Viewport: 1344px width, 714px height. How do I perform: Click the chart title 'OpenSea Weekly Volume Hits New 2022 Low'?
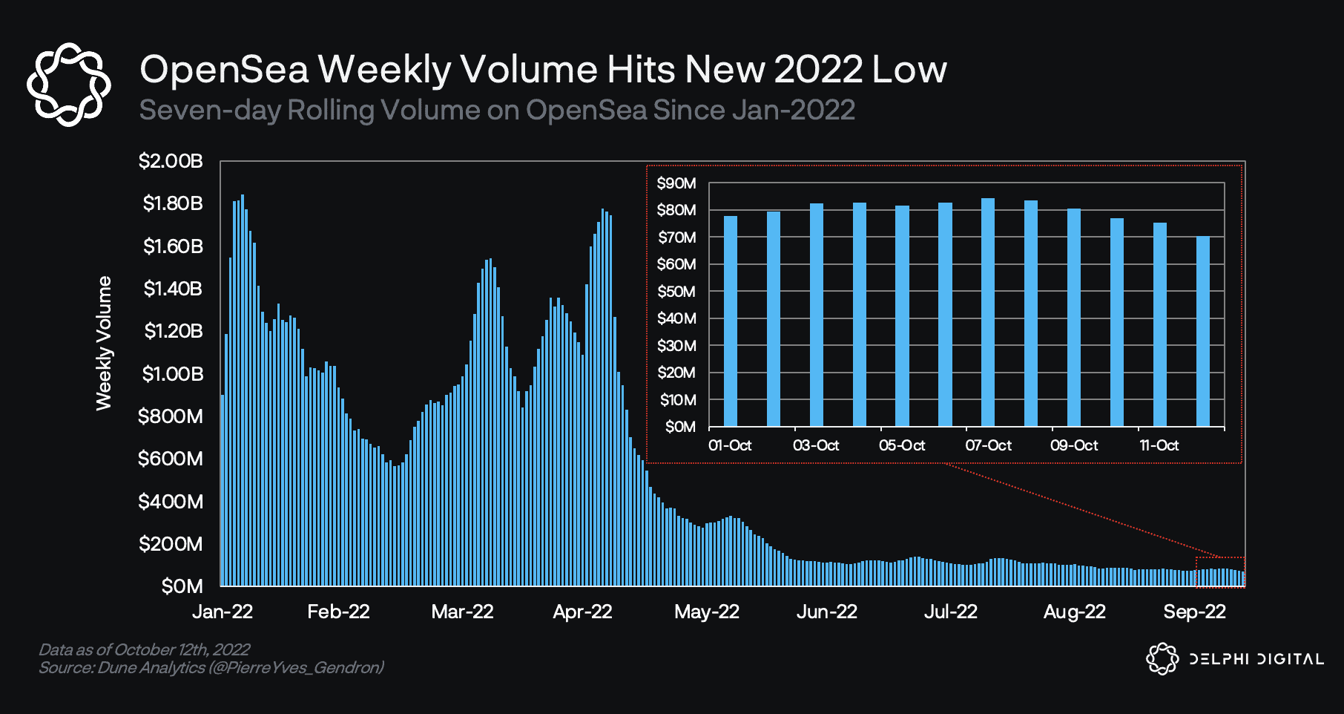click(543, 69)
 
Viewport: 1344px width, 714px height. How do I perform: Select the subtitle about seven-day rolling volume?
click(497, 110)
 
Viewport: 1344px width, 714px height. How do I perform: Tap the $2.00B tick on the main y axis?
click(171, 161)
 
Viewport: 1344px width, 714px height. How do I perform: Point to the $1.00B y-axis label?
click(172, 373)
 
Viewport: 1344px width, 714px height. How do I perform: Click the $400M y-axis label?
click(171, 502)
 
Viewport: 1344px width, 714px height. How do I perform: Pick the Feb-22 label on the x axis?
click(338, 612)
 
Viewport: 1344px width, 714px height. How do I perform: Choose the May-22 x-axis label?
click(706, 612)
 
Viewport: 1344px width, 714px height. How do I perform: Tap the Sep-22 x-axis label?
click(1194, 612)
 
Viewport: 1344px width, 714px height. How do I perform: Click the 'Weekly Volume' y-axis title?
click(104, 343)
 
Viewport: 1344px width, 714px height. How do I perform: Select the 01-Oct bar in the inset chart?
click(731, 321)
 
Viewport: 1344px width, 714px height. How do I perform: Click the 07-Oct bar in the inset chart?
click(988, 312)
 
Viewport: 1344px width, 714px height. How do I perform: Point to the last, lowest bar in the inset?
click(1203, 331)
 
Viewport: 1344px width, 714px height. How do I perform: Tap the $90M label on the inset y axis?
click(676, 183)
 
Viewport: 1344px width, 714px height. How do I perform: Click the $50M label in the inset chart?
click(676, 292)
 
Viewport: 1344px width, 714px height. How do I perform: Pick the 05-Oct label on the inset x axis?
click(902, 445)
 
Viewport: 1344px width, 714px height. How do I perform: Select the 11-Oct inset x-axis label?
click(1159, 445)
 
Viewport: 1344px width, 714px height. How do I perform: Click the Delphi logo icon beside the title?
click(68, 84)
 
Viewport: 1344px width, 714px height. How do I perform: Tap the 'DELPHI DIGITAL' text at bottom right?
click(1256, 659)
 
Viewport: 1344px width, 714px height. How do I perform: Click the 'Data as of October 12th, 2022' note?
click(144, 649)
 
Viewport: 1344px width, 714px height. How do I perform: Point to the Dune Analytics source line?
click(211, 668)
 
